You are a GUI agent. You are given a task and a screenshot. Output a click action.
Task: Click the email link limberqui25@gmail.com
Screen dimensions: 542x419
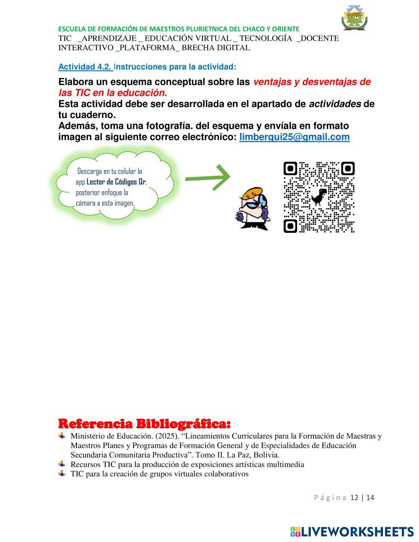point(294,137)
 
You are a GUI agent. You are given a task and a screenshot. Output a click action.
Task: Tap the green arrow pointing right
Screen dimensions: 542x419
point(208,178)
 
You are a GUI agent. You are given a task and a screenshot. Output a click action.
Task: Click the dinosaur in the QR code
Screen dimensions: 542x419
point(319,196)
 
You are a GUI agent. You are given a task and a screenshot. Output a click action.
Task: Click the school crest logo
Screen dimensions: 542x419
point(354,18)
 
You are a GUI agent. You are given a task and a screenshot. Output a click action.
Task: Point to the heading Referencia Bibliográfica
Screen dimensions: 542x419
point(144,423)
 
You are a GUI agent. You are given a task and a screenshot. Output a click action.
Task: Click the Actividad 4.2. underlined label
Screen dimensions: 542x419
point(85,67)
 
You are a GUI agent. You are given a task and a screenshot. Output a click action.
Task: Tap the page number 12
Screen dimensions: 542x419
point(354,498)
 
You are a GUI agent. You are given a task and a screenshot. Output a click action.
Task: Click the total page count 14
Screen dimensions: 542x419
point(370,498)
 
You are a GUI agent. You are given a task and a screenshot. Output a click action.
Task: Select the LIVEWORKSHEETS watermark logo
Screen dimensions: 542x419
point(352,532)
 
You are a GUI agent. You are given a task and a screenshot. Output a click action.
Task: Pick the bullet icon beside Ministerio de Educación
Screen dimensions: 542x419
point(62,436)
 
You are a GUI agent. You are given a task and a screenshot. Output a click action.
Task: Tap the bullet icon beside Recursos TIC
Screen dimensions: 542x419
point(62,464)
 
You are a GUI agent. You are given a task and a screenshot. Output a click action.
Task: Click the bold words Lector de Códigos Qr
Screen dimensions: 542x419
point(116,182)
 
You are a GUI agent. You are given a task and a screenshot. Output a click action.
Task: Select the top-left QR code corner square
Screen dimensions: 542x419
point(290,169)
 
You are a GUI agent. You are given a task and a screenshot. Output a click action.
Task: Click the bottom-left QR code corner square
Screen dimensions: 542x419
point(290,226)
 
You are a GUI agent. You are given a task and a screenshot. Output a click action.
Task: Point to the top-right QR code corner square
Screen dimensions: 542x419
point(348,169)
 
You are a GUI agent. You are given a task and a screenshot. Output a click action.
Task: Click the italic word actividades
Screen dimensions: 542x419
point(335,104)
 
